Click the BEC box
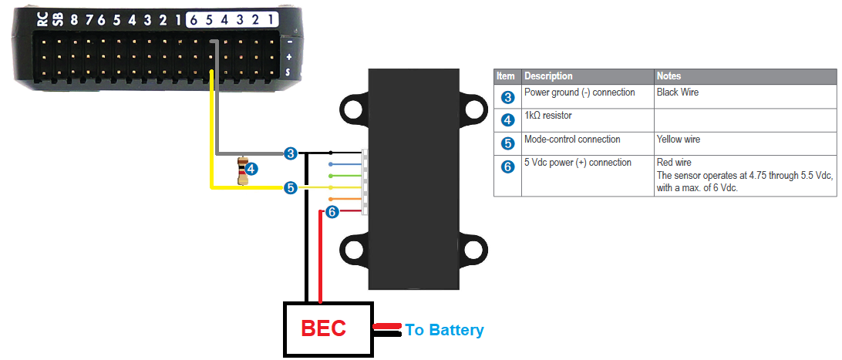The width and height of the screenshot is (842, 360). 328,329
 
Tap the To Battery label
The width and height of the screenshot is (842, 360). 445,330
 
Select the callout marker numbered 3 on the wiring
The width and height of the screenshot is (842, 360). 290,153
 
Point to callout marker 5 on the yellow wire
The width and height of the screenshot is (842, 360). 290,187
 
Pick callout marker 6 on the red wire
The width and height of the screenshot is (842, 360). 332,211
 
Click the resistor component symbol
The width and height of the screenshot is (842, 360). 243,171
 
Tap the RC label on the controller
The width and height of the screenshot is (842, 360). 43,19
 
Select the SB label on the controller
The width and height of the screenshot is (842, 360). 59,19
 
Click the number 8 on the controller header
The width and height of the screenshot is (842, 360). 75,19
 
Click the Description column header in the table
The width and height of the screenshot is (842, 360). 548,76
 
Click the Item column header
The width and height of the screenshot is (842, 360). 506,76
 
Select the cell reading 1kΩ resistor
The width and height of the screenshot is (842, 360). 548,116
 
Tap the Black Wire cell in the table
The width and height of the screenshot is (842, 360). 677,93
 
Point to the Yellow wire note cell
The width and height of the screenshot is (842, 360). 679,140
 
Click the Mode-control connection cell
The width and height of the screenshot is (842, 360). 571,140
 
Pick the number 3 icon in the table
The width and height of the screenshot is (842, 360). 507,97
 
